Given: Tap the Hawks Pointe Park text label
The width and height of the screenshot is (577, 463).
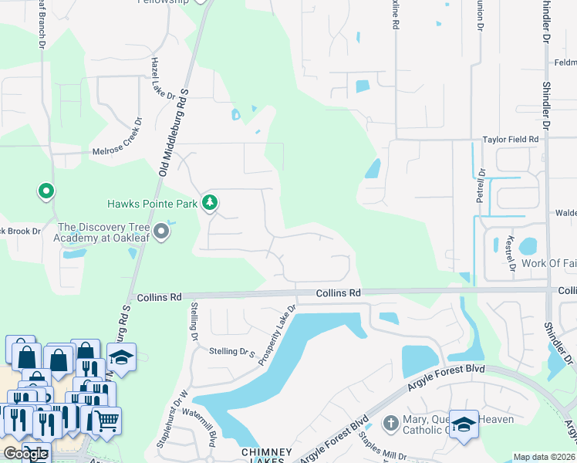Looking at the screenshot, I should coord(153,204).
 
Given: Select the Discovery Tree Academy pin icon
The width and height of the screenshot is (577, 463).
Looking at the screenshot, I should coord(161,231).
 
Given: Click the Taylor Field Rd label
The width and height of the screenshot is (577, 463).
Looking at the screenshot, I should coord(510,140).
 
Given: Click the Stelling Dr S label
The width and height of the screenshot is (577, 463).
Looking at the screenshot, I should coord(232,353).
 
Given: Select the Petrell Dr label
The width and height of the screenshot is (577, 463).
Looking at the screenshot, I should coord(480,186).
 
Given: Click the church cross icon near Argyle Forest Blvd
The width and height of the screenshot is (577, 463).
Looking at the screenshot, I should coord(391,423).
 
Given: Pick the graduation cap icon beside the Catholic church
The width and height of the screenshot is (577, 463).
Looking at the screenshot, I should coord(463,424).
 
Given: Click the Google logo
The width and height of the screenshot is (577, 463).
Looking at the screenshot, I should coord(25,454).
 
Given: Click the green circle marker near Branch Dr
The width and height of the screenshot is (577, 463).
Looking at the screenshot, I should coord(46,190).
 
